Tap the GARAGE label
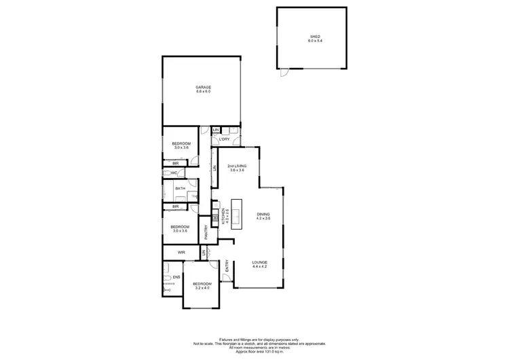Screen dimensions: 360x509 (203, 87)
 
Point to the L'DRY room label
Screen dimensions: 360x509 (225, 139)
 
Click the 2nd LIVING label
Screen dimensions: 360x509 (236, 166)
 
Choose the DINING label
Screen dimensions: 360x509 (263, 214)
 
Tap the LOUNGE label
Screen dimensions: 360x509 (260, 262)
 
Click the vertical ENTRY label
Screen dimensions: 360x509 (227, 269)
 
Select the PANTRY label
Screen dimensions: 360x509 (206, 232)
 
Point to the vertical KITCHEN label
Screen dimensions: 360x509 (223, 217)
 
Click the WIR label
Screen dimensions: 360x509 (181, 252)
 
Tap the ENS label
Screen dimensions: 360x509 (176, 277)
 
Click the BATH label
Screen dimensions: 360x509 (180, 189)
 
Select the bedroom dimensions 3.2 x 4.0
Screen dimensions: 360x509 (202, 288)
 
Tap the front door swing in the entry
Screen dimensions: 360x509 (214, 267)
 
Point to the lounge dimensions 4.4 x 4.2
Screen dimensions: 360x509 (260, 267)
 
